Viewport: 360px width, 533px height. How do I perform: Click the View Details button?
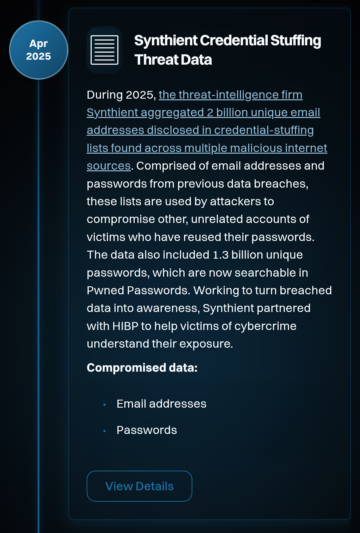coord(139,486)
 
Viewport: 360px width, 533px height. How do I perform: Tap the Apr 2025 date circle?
coord(39,50)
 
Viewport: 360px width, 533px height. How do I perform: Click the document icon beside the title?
coord(104,50)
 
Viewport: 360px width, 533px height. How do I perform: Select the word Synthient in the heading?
coord(166,40)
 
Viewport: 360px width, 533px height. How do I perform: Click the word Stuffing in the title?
coord(296,40)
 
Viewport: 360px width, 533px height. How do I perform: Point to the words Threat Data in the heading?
coord(173,60)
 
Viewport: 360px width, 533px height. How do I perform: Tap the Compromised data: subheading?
coord(142,368)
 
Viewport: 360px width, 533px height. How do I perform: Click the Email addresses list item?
coord(161,404)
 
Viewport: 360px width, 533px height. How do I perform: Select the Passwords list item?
coord(147,430)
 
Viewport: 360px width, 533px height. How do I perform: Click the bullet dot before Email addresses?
coord(105,405)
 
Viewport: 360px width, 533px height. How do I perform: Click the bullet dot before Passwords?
coord(105,431)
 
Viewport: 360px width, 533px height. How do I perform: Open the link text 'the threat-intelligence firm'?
coord(230,95)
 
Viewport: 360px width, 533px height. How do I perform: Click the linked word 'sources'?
coord(109,166)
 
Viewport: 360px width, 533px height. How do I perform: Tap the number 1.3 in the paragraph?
coord(221,255)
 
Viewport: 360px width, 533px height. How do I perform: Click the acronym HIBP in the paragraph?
coord(125,326)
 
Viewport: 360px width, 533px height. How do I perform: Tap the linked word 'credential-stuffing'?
coord(264,130)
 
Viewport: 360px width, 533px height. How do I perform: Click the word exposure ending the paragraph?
coord(206,344)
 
